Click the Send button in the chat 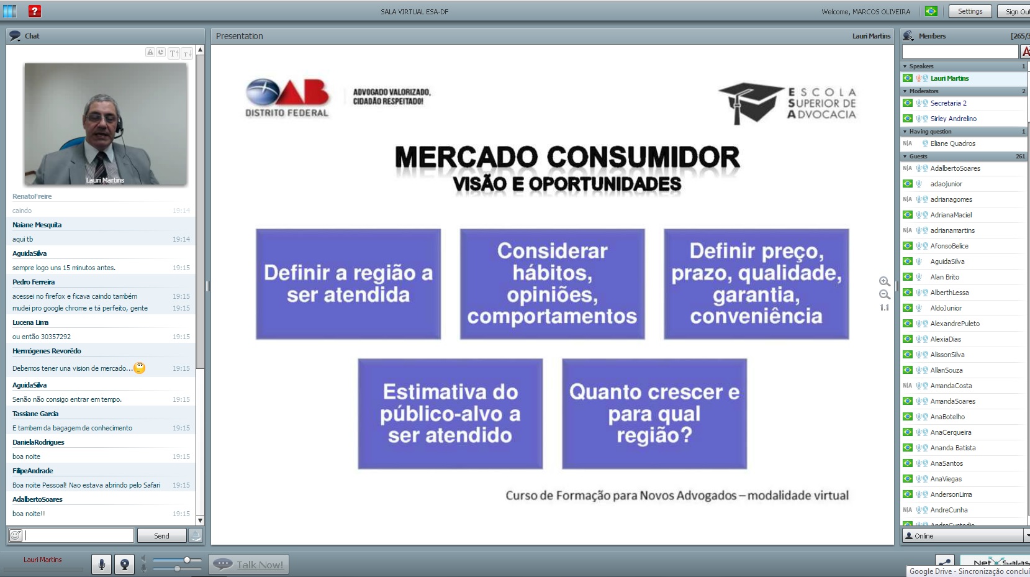pyautogui.click(x=161, y=535)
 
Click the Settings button pyautogui.click(x=970, y=12)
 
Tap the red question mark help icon pyautogui.click(x=35, y=11)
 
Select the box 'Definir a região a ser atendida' pyautogui.click(x=348, y=284)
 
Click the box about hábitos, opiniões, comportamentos pyautogui.click(x=552, y=284)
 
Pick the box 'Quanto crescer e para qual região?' pyautogui.click(x=654, y=414)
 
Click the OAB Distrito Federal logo pyautogui.click(x=287, y=98)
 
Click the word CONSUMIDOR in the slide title pyautogui.click(x=644, y=157)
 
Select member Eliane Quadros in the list pyautogui.click(x=953, y=143)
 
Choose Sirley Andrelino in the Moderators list pyautogui.click(x=953, y=119)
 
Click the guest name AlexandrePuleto pyautogui.click(x=955, y=324)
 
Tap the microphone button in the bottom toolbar pyautogui.click(x=102, y=564)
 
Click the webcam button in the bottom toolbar pyautogui.click(x=124, y=564)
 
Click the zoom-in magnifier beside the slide pyautogui.click(x=883, y=281)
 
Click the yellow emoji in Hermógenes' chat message pyautogui.click(x=139, y=368)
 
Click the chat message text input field pyautogui.click(x=79, y=535)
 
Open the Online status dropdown pyautogui.click(x=965, y=536)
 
